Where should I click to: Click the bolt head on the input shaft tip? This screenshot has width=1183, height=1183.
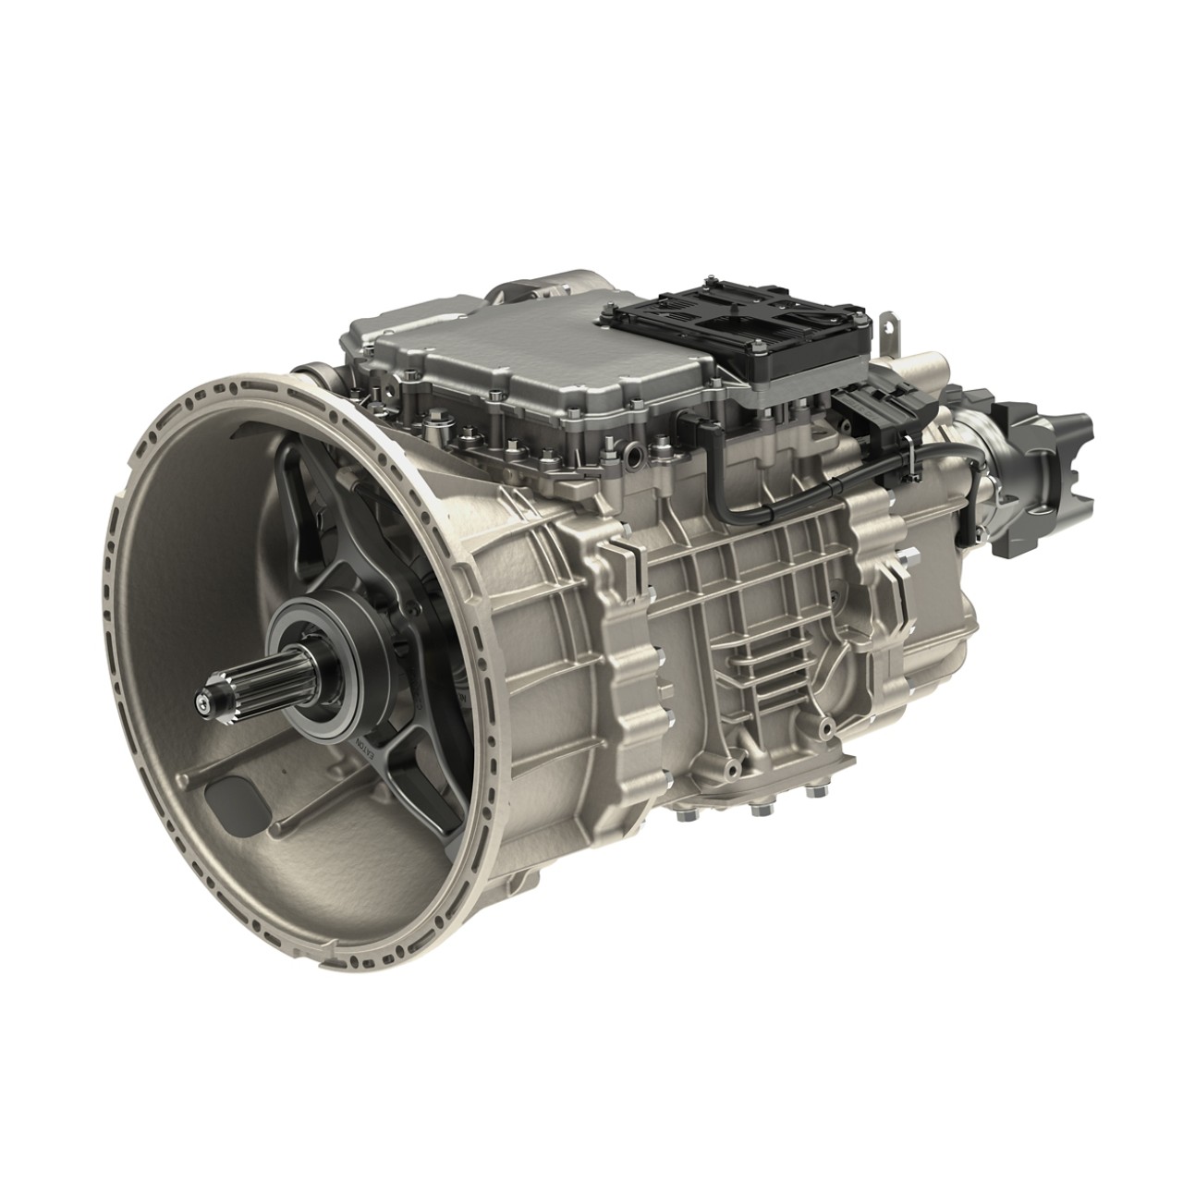(201, 704)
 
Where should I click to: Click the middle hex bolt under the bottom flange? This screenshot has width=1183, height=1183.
(760, 811)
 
